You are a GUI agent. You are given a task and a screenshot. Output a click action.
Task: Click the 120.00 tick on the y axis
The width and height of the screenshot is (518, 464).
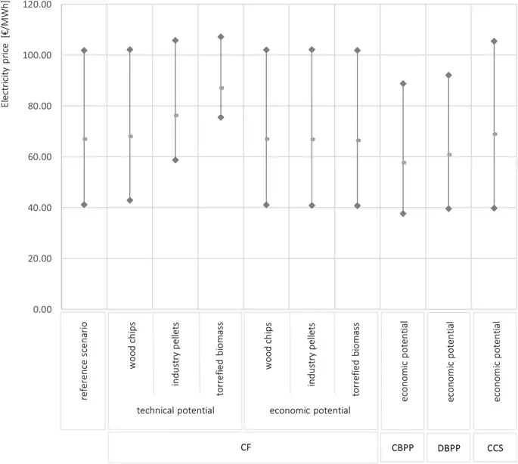[x=36, y=5]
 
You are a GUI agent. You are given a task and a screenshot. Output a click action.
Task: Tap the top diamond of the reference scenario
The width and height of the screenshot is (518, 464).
[x=84, y=51]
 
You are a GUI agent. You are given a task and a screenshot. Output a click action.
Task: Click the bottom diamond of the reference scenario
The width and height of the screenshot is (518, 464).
[x=84, y=205]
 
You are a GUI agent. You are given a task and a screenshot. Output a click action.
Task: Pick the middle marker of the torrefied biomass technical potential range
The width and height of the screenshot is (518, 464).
[x=221, y=88]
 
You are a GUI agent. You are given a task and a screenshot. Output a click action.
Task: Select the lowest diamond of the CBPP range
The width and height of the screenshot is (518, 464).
[x=403, y=214]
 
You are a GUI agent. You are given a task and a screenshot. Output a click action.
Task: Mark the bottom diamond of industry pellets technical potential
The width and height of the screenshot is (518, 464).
[x=175, y=160]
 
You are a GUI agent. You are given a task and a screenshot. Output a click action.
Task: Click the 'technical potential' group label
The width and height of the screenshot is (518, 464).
[x=175, y=410]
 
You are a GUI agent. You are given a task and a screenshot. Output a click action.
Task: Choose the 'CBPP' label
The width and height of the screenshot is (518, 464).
[x=403, y=447]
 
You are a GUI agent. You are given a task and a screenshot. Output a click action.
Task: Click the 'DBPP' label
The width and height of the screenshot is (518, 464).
[x=448, y=447]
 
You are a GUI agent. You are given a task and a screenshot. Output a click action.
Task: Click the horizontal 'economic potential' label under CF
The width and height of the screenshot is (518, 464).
[x=312, y=410]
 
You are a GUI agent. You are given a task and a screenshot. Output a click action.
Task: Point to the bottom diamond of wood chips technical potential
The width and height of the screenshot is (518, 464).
[x=130, y=200]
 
